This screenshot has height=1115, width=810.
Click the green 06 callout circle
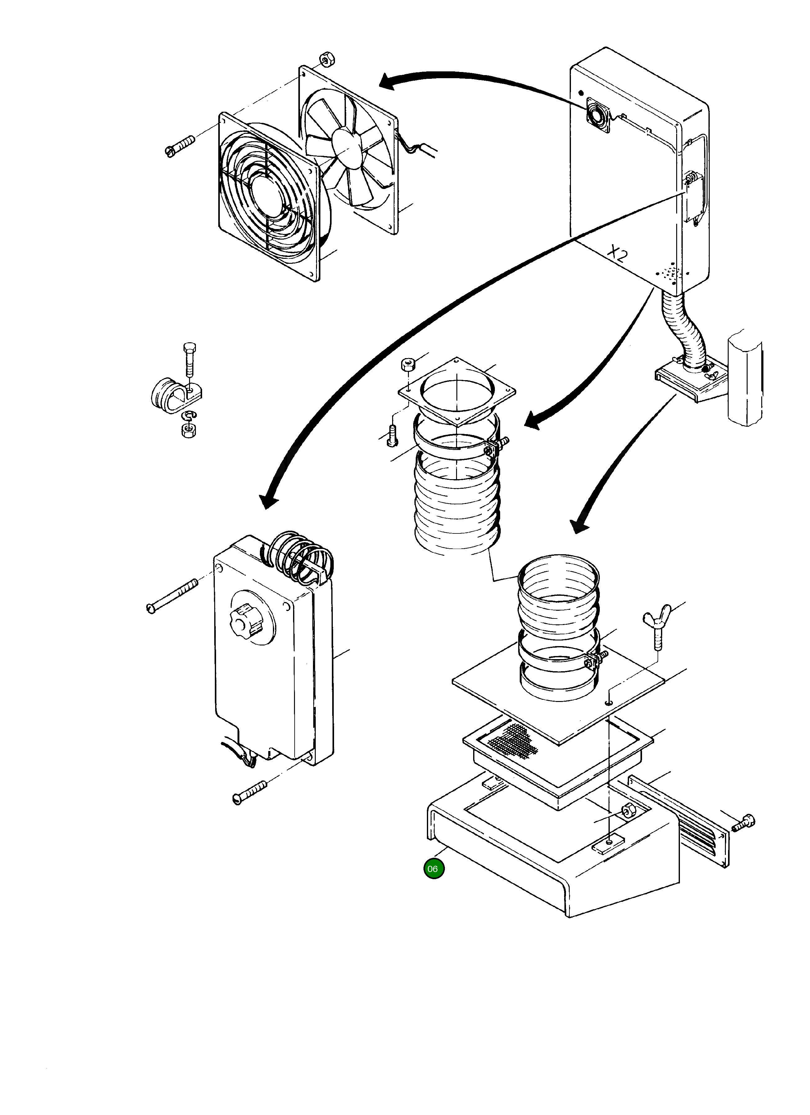(433, 869)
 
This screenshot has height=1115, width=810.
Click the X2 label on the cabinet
(617, 254)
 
